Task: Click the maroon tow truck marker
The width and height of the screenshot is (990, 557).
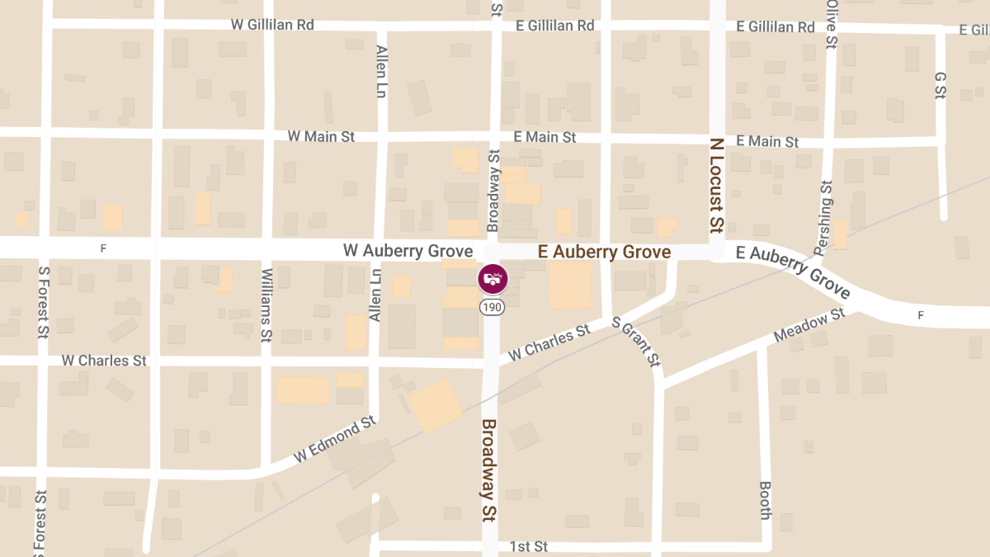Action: click(493, 278)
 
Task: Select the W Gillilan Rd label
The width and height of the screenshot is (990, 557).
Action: click(272, 25)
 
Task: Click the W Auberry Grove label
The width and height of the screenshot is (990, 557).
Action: click(408, 251)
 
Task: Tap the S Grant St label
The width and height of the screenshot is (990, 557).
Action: click(637, 342)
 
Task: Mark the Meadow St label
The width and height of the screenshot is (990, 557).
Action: click(810, 325)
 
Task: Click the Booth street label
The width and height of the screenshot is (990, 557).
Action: click(765, 500)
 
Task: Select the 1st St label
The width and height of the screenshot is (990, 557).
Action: click(528, 546)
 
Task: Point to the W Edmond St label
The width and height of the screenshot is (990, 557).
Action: click(334, 440)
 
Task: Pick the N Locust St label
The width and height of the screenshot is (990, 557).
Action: click(716, 184)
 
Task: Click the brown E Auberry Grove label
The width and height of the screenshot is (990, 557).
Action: click(604, 252)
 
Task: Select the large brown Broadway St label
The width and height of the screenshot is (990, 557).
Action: click(488, 470)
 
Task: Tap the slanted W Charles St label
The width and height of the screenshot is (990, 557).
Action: click(549, 342)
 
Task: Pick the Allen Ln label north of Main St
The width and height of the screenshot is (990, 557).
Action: click(380, 71)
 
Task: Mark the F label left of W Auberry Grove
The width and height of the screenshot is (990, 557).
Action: click(103, 248)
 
